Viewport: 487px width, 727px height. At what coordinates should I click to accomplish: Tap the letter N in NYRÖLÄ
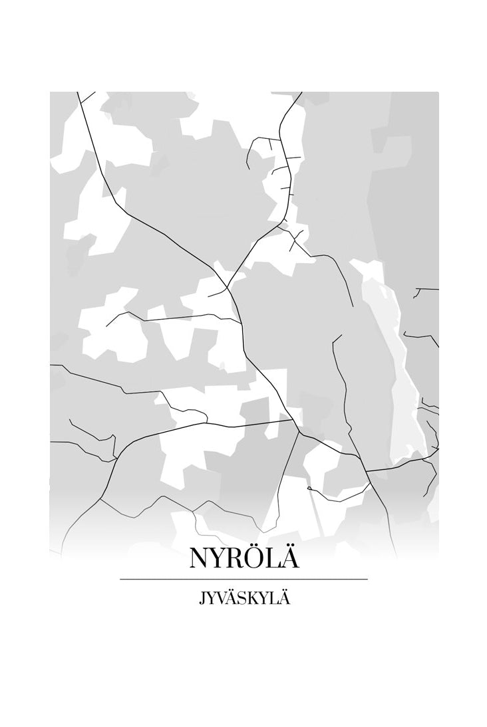[200, 558]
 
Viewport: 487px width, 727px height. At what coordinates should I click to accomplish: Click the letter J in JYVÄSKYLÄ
[201, 599]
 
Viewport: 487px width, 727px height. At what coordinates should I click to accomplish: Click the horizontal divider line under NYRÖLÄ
[243, 579]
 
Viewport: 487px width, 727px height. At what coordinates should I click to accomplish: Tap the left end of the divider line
[121, 579]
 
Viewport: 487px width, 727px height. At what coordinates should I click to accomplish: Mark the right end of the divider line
[367, 579]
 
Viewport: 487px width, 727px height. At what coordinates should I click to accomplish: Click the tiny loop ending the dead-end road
[309, 488]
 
